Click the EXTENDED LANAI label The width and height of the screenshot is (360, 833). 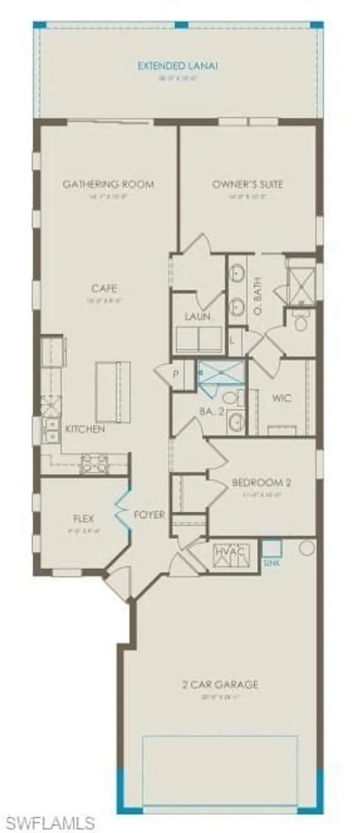click(178, 66)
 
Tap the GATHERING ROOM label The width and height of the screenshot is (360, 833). click(108, 184)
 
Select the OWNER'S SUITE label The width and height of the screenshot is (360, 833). click(247, 184)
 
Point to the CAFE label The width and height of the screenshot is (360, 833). click(105, 288)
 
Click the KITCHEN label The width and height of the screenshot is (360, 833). click(84, 429)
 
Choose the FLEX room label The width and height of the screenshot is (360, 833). click(83, 519)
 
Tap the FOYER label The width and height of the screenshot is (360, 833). click(149, 515)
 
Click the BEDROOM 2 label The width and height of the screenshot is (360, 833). click(262, 483)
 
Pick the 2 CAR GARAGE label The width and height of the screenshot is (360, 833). click(221, 684)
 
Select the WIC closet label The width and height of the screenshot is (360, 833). click(282, 398)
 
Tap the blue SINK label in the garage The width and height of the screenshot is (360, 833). click(270, 563)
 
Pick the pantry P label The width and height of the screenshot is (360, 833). click(175, 373)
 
